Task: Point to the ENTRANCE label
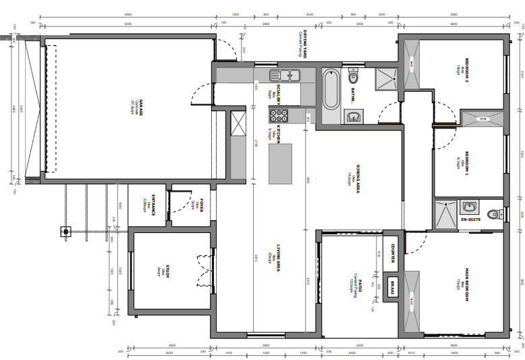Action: click(x=154, y=205)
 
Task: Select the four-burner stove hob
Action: click(x=279, y=116)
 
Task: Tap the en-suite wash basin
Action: click(x=469, y=205)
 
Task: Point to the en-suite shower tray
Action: click(x=445, y=214)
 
